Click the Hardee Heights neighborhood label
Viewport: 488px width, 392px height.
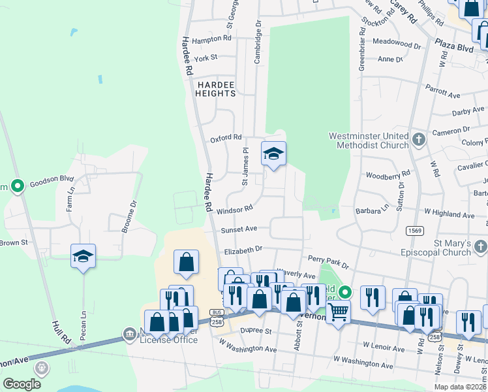[x=215, y=89]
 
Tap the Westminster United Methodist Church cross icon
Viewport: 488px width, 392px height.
[x=419, y=139]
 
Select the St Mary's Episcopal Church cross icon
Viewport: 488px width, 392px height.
[x=481, y=247]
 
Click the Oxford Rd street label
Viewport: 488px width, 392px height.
[x=226, y=139]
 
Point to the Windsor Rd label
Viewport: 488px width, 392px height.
[x=234, y=210]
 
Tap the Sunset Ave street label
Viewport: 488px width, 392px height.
[x=239, y=229]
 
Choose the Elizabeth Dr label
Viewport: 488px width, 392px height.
[x=243, y=250]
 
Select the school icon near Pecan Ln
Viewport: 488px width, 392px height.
[x=84, y=255]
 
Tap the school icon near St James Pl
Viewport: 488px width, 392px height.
[x=273, y=154]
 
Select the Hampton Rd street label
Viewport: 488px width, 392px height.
[x=212, y=39]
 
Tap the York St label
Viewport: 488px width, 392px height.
[x=205, y=58]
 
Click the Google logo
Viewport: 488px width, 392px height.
[x=22, y=384]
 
